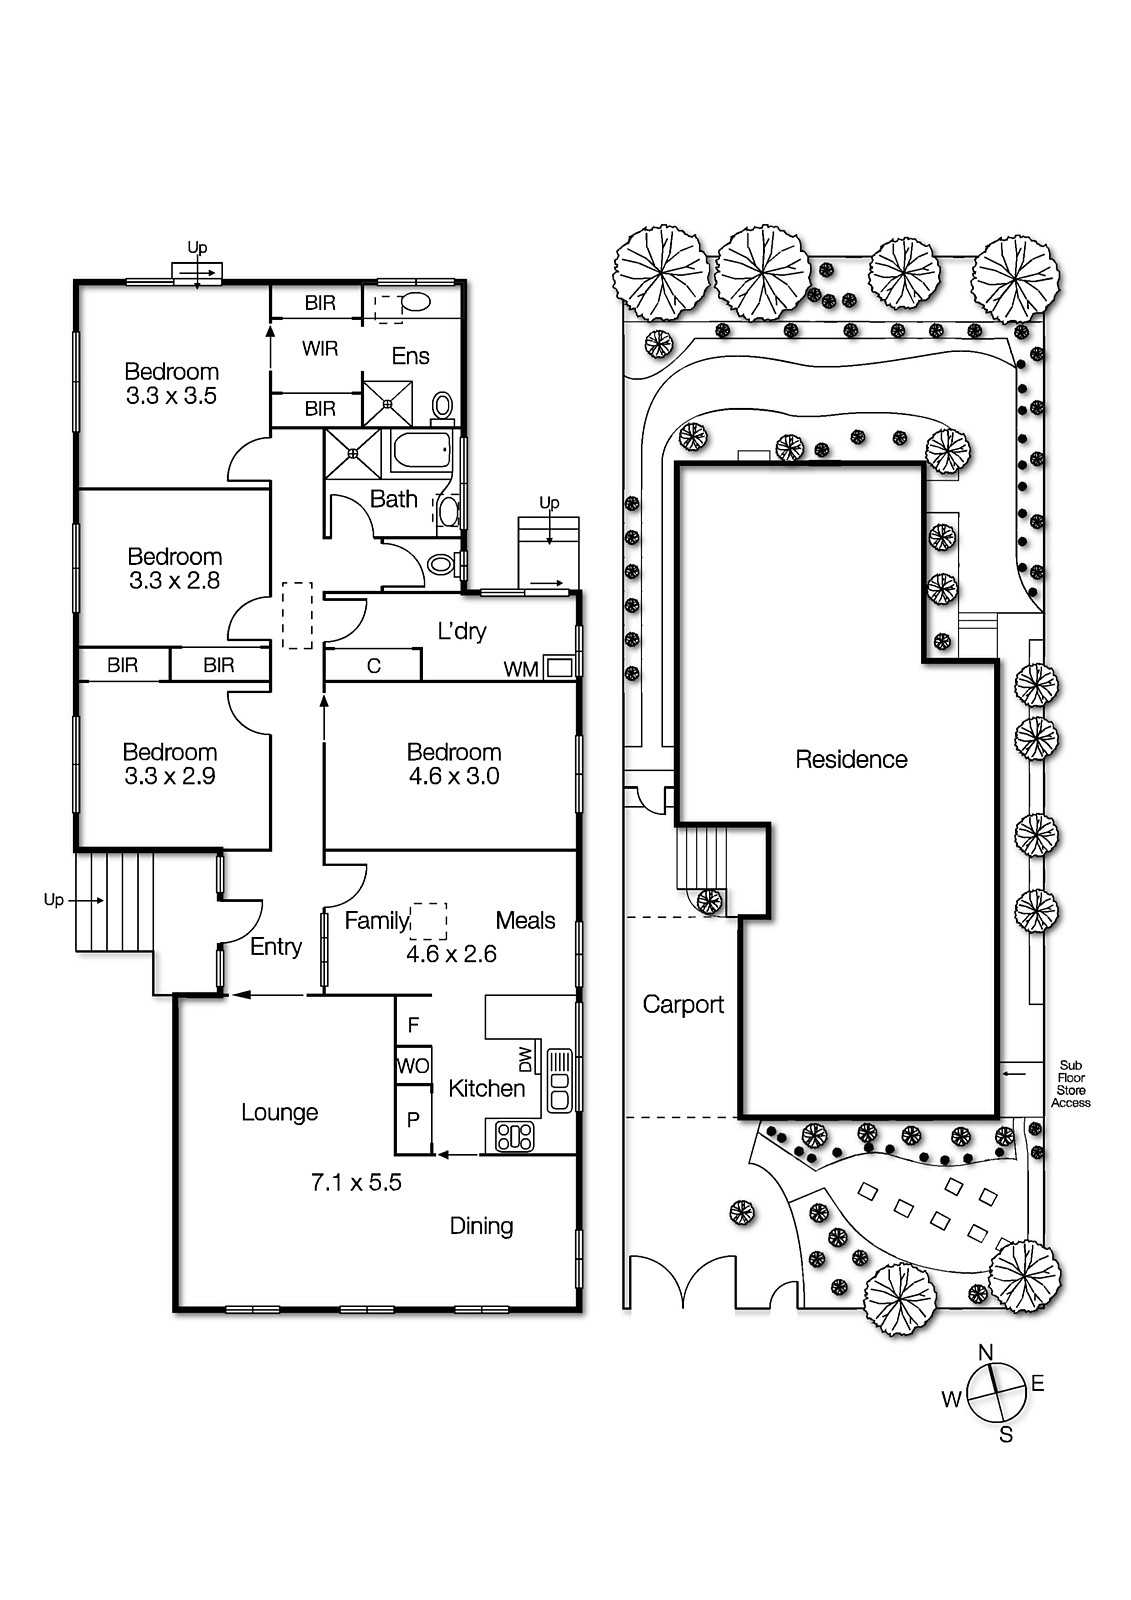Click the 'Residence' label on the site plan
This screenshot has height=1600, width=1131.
pyautogui.click(x=851, y=759)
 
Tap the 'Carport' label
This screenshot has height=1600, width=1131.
pyautogui.click(x=683, y=1004)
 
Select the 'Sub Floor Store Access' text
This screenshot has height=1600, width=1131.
pyautogui.click(x=1070, y=1084)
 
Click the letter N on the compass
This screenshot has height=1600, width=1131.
pyautogui.click(x=985, y=1352)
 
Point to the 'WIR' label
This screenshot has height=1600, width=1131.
pyautogui.click(x=320, y=348)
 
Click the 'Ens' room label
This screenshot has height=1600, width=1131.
pyautogui.click(x=410, y=356)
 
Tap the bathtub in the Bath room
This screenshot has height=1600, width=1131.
pyautogui.click(x=421, y=452)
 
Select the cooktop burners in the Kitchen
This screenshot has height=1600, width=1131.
pyautogui.click(x=514, y=1136)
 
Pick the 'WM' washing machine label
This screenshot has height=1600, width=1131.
pyautogui.click(x=520, y=669)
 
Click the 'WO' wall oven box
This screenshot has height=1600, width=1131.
pyautogui.click(x=413, y=1066)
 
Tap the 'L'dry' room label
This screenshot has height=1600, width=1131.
pyautogui.click(x=462, y=631)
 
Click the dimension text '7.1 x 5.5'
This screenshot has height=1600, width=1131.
pyautogui.click(x=356, y=1182)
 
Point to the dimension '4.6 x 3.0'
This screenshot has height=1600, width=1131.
pyautogui.click(x=453, y=776)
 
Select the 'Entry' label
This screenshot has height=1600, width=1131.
pyautogui.click(x=275, y=946)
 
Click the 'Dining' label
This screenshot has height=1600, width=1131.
pyautogui.click(x=481, y=1226)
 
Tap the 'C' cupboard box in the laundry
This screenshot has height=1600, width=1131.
pyautogui.click(x=374, y=666)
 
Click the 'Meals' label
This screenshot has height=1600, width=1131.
pyautogui.click(x=525, y=920)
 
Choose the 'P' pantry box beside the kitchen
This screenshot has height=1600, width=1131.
pyautogui.click(x=413, y=1121)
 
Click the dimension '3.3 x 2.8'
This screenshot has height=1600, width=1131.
pyautogui.click(x=174, y=580)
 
